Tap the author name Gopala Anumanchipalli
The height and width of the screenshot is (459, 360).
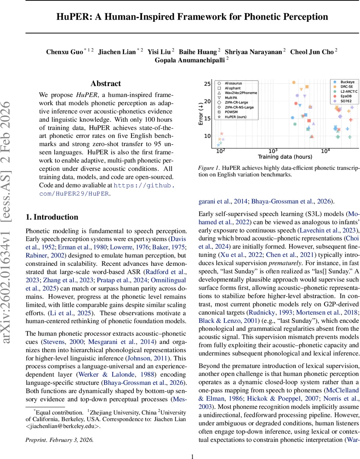click(x=190, y=60)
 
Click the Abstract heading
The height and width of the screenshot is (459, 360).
click(x=105, y=83)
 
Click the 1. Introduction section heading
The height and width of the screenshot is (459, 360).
click(x=52, y=217)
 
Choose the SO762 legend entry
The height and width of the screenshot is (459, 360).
click(x=345, y=101)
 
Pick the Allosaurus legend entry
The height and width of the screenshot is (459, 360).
click(x=233, y=83)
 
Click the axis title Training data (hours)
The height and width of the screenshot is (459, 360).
click(x=285, y=157)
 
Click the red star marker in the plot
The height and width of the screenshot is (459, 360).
click(x=222, y=133)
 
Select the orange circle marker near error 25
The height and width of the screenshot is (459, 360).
click(x=294, y=82)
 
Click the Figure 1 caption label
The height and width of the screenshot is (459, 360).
click(x=209, y=168)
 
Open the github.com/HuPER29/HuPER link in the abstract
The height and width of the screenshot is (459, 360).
click(x=107, y=189)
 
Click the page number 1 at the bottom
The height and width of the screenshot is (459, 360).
click(x=193, y=446)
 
